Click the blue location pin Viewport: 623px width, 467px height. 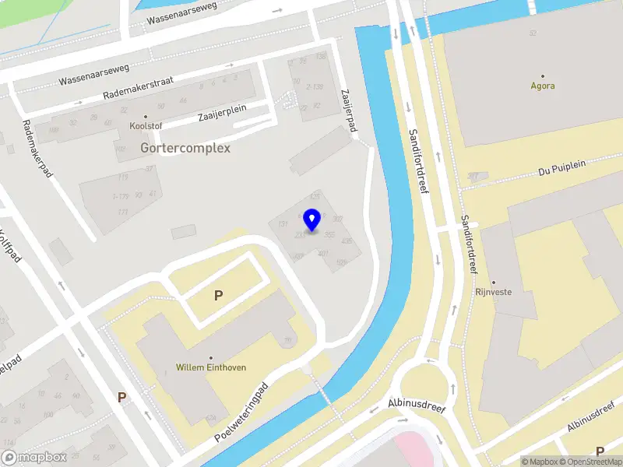coord(311,220)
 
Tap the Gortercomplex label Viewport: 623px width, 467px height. coord(185,147)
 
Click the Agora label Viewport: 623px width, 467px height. coord(543,86)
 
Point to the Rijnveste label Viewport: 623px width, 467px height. coord(493,293)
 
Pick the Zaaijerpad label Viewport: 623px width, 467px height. coord(347,108)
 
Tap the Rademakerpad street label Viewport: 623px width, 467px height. coord(37,148)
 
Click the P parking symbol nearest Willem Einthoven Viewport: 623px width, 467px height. coord(219,295)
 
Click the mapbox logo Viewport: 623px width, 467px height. coord(34,458)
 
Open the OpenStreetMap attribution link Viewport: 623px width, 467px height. coord(588,462)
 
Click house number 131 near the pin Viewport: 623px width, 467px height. coord(283,224)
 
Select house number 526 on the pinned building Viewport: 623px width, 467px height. coord(340,263)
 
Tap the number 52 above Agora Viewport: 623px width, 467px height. coord(533,33)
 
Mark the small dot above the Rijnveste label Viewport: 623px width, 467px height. coord(493,283)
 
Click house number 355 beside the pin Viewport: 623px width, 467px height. coord(329,234)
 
